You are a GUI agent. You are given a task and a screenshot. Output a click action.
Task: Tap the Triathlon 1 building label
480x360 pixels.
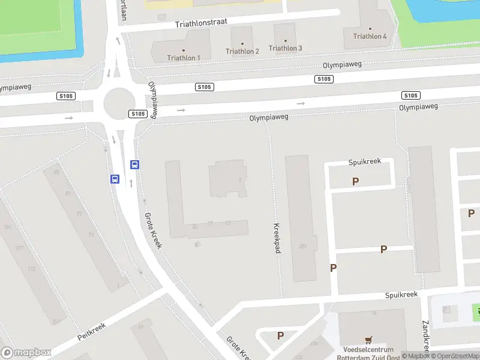tap(184, 58)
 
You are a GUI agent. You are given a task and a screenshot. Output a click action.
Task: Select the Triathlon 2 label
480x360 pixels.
tap(242, 52)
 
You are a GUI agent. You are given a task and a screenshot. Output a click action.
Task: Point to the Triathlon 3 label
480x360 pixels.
tap(285, 48)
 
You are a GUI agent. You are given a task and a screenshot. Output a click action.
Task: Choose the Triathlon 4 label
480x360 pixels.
tap(370, 36)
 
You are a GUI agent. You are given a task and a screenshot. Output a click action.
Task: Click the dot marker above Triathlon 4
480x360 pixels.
tap(370, 28)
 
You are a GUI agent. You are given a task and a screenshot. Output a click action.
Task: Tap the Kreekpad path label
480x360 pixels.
tap(277, 238)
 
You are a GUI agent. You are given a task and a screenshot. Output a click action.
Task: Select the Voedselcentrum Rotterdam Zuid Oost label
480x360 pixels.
tap(368, 354)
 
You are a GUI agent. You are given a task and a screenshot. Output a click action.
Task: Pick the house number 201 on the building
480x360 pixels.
tap(302, 245)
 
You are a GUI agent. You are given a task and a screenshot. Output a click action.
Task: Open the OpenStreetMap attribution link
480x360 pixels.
tap(454, 356)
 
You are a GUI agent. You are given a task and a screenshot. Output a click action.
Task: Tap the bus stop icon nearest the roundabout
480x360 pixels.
tap(135, 164)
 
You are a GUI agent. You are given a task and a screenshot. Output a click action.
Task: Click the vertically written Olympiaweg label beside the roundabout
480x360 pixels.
tap(154, 99)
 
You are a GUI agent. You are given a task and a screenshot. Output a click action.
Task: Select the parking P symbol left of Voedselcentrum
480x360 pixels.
tap(280, 335)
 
